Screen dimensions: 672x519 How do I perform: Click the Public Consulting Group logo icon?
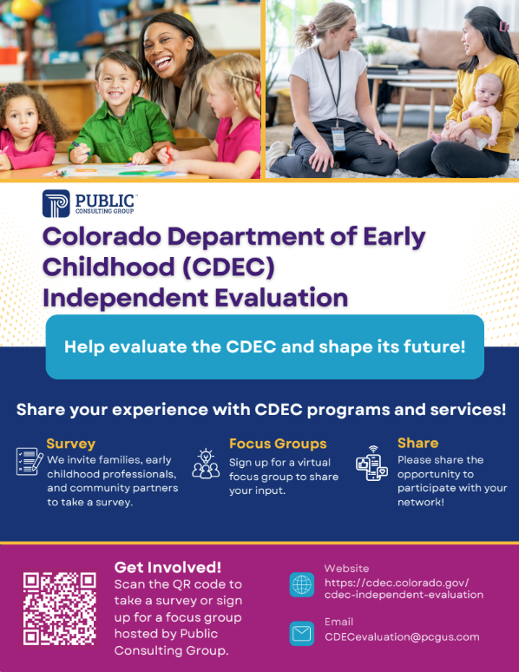[56, 203]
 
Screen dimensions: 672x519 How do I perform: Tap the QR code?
[59, 608]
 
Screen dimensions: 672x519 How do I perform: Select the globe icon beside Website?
[301, 584]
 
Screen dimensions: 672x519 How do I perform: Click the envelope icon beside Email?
[301, 634]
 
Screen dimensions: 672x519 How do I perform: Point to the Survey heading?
[71, 443]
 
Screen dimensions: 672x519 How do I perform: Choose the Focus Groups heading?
[278, 443]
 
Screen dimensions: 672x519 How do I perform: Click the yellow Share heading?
[418, 443]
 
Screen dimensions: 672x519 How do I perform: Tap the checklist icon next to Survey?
[30, 461]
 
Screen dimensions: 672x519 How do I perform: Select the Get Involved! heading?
[168, 567]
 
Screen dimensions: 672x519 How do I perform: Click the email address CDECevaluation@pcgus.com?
[402, 636]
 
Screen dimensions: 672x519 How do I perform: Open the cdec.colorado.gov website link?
[403, 588]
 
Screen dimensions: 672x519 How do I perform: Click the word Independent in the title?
[122, 298]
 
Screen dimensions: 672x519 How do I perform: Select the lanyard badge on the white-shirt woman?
[337, 135]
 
